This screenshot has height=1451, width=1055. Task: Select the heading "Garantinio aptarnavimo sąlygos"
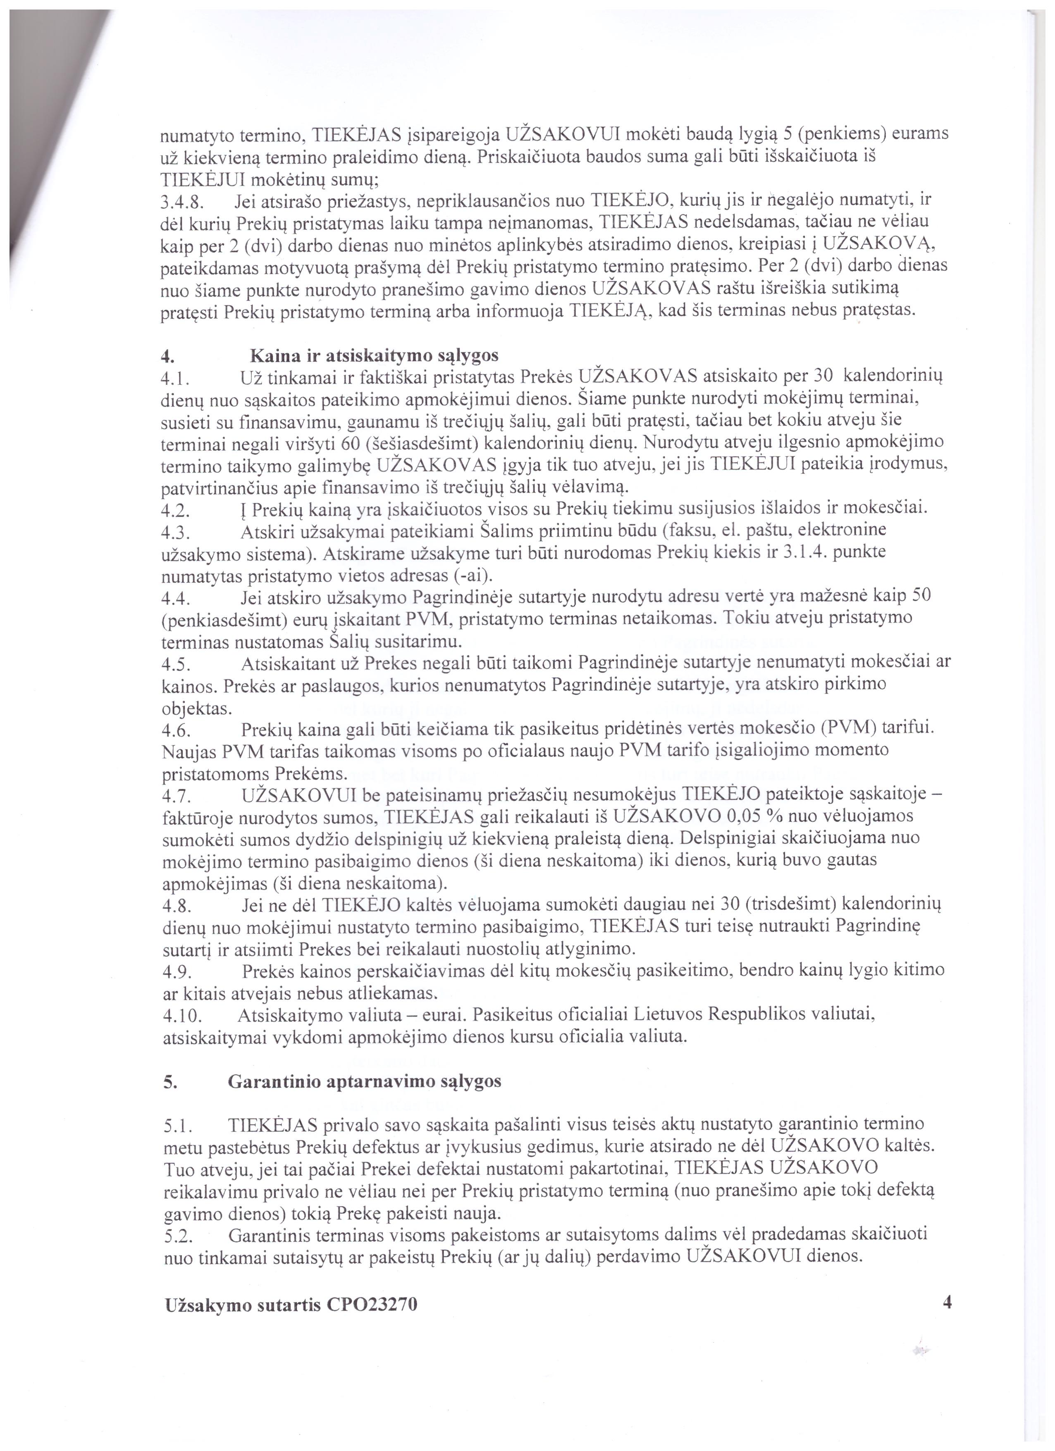pos(364,1081)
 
